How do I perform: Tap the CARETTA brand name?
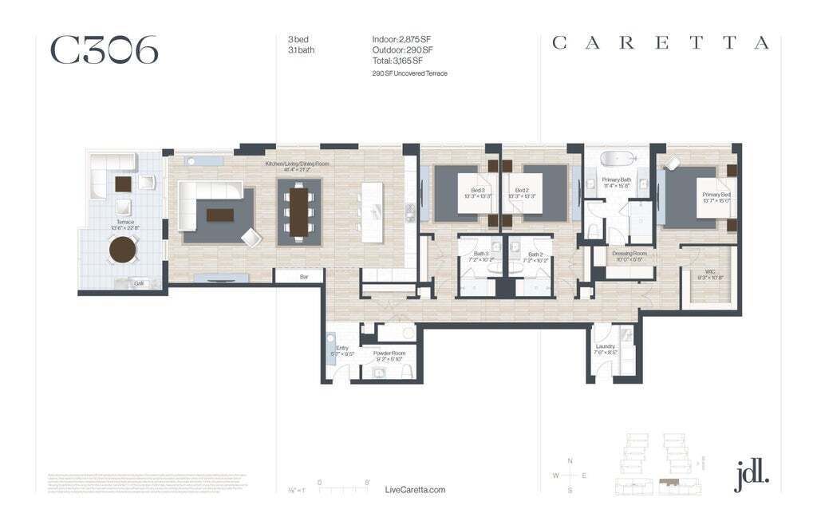point(661,43)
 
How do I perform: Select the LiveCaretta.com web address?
point(415,490)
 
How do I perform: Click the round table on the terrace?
point(124,250)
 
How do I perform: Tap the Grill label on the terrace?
point(138,282)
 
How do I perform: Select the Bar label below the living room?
point(304,276)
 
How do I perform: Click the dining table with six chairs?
point(299,212)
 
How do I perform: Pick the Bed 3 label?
point(478,191)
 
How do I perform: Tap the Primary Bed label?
point(716,195)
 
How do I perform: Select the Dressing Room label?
point(628,253)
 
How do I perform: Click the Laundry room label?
point(605,346)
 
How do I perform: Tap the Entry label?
point(342,348)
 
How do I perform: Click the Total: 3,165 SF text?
point(397,60)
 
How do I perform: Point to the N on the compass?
point(570,461)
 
